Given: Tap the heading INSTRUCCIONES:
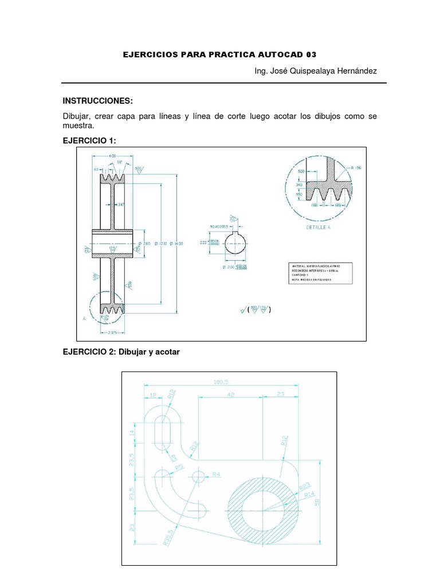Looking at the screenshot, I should (x=97, y=101).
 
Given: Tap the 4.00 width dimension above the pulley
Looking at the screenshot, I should (x=112, y=155).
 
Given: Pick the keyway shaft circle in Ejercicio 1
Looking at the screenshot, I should (x=235, y=243).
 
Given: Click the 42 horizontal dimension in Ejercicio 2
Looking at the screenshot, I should (x=230, y=395).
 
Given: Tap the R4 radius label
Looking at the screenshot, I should (x=217, y=475).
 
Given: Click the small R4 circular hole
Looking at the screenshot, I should (x=199, y=475).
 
